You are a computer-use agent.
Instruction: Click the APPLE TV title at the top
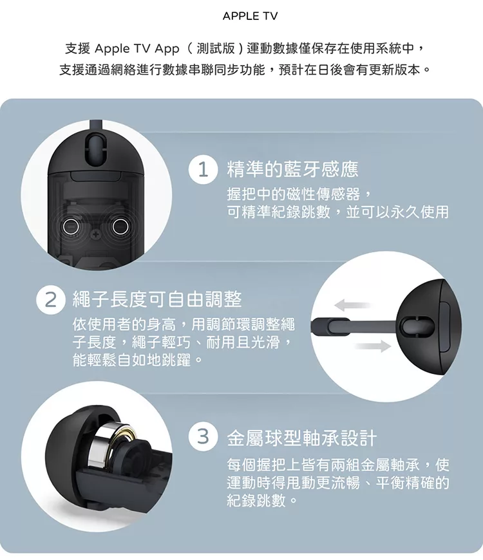[x=250, y=16]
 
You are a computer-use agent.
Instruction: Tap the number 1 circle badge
[x=203, y=170]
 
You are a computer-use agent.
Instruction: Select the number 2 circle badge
[x=51, y=300]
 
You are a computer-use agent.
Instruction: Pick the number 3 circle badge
[x=203, y=436]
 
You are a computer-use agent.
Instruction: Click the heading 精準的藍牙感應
[x=292, y=169]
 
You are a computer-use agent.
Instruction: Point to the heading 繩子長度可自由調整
[x=157, y=299]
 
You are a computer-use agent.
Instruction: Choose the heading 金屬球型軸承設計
[x=302, y=438]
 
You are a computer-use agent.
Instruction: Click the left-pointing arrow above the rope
[x=352, y=305]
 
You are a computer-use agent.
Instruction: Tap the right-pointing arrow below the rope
[x=374, y=346]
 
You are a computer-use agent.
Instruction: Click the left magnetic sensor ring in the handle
[x=70, y=226]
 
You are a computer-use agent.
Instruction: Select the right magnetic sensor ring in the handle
[x=120, y=226]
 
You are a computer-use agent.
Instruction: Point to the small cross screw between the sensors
[x=95, y=235]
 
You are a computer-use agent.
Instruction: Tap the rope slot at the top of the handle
[x=95, y=150]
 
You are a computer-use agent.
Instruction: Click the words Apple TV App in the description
[x=137, y=48]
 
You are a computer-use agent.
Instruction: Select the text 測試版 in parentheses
[x=216, y=48]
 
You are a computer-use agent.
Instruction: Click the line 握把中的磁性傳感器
[x=294, y=194]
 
